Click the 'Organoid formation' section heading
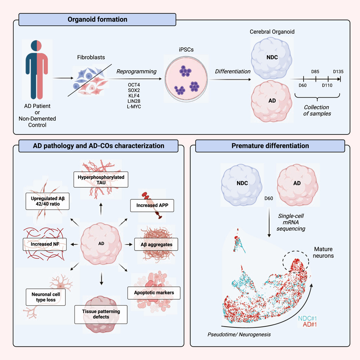click(x=98, y=20)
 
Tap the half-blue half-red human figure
click(x=37, y=69)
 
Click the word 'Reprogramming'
click(x=136, y=71)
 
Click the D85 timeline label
click(x=315, y=71)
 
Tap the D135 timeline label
click(x=338, y=71)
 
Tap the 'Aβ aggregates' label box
click(x=156, y=244)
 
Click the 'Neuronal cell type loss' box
click(x=46, y=297)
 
